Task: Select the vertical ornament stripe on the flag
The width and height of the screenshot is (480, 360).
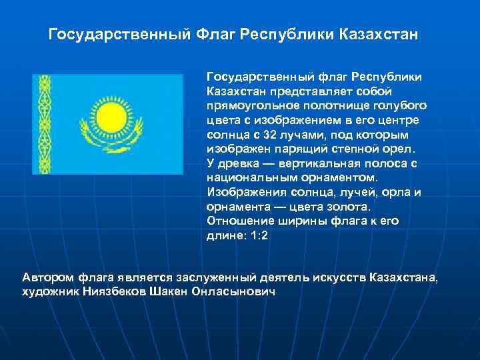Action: [x=45, y=124]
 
